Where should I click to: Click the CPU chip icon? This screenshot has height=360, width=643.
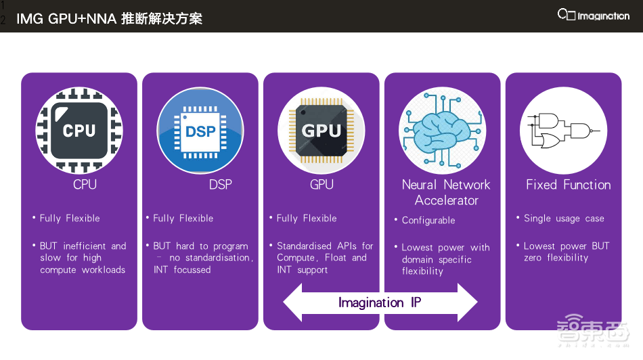tap(79, 131)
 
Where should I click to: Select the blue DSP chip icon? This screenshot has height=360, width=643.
tap(200, 131)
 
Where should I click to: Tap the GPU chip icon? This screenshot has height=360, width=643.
tap(321, 131)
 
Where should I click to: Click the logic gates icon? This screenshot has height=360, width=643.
tap(563, 131)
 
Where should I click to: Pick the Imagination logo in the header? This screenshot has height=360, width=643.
tap(593, 16)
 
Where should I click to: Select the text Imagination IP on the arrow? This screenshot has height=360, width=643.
tap(380, 302)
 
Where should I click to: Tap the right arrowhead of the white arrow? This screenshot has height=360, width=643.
tap(468, 302)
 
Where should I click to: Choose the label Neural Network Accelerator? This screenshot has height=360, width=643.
tap(446, 192)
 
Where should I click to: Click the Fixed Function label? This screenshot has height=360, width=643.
tap(568, 185)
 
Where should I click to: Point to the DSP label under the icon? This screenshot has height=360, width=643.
tap(220, 185)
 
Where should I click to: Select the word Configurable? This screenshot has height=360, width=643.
tap(428, 221)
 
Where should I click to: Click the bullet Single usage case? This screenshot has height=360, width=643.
tap(564, 219)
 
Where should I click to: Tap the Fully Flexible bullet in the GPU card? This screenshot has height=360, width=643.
tap(307, 219)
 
